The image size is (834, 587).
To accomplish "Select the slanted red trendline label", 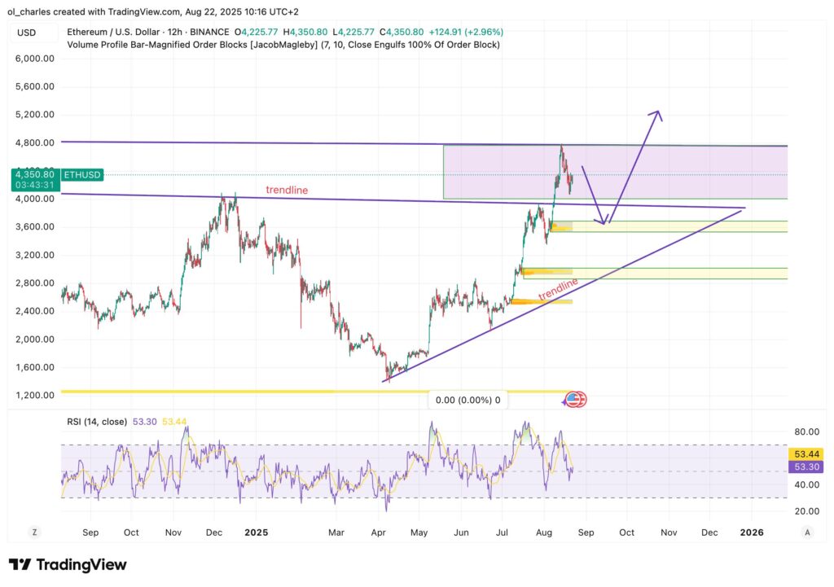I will click(558, 287).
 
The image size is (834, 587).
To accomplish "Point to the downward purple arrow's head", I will click(602, 221).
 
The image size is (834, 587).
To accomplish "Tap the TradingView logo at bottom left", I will click(68, 564).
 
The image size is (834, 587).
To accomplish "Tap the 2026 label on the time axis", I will click(751, 532).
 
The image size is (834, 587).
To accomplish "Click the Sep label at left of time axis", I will click(90, 532).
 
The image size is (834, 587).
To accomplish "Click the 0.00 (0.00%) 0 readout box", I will click(468, 401).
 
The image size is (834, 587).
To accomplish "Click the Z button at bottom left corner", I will click(35, 532).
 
